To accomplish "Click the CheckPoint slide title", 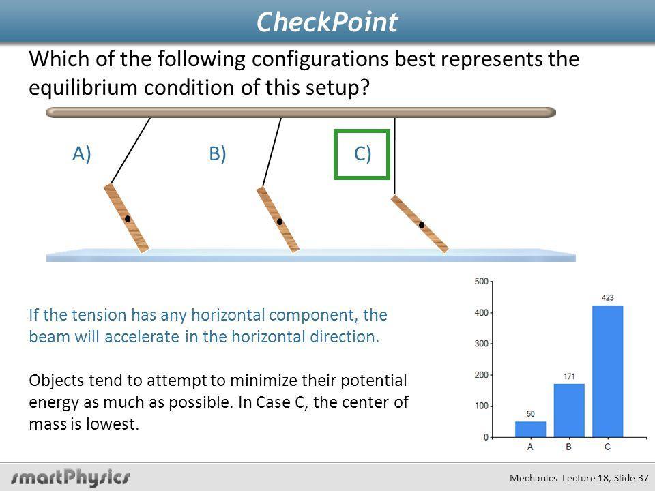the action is pyautogui.click(x=327, y=22).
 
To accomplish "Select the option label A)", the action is pyautogui.click(x=81, y=153).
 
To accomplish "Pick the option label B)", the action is pyautogui.click(x=217, y=153).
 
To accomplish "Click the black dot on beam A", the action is pyautogui.click(x=128, y=219).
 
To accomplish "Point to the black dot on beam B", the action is pyautogui.click(x=280, y=222).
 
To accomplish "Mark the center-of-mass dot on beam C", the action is pyautogui.click(x=422, y=225).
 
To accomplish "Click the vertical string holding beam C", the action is pyautogui.click(x=394, y=155).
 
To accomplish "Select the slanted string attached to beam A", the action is pyautogui.click(x=131, y=150).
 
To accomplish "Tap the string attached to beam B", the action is pyautogui.click(x=272, y=152).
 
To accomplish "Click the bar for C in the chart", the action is pyautogui.click(x=607, y=371).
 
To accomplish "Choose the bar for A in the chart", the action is pyautogui.click(x=530, y=429).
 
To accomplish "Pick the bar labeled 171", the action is pyautogui.click(x=569, y=411).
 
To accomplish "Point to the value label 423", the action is pyautogui.click(x=607, y=298).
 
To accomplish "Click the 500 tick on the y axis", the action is pyautogui.click(x=481, y=282).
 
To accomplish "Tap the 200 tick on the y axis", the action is pyautogui.click(x=481, y=375).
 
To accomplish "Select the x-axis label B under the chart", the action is pyautogui.click(x=569, y=447).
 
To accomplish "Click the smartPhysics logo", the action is pyautogui.click(x=70, y=477).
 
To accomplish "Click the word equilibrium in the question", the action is pyautogui.click(x=83, y=88).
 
